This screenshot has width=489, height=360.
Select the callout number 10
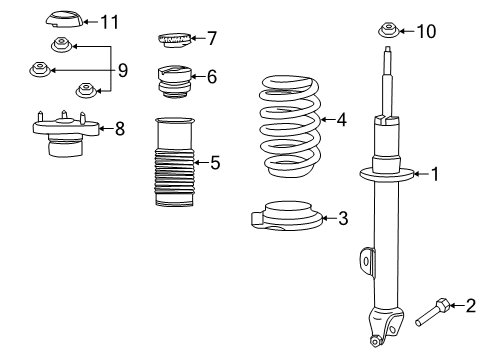point(426,31)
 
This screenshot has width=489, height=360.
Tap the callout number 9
point(123,70)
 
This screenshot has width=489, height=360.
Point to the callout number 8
point(119,129)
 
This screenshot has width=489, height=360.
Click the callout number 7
point(211,39)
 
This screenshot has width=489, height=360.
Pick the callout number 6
point(211,77)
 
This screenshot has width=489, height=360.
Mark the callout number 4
point(342,119)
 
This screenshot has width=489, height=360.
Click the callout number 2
point(470,305)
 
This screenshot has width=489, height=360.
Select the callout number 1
point(435,174)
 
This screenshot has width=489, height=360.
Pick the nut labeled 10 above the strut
point(387,29)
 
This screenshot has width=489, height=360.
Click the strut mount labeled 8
point(64,136)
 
